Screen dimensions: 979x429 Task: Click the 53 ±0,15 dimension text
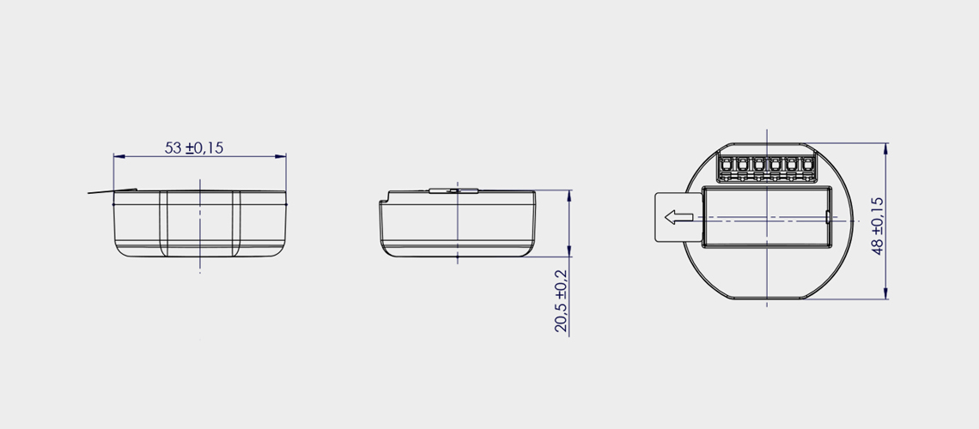[193, 148]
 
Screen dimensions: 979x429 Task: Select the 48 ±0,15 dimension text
[878, 226]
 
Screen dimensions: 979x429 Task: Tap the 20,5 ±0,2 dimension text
[562, 300]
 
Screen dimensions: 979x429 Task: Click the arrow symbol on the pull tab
[679, 217]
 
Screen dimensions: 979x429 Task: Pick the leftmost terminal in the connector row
[727, 166]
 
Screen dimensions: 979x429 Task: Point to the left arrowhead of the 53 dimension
[119, 156]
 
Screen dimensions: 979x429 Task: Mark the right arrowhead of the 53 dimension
[280, 156]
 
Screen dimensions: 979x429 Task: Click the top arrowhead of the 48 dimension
[886, 149]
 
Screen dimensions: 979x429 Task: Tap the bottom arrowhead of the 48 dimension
[886, 293]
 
